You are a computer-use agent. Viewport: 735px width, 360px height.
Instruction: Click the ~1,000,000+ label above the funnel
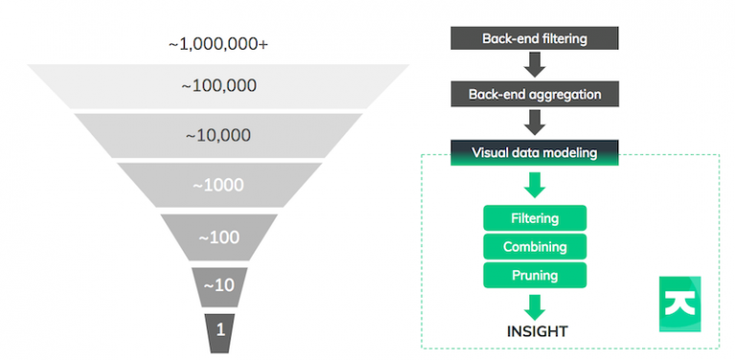(x=218, y=45)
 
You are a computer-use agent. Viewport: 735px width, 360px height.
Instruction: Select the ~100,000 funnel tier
(x=218, y=86)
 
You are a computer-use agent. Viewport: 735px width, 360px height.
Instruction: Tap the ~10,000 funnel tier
(x=218, y=135)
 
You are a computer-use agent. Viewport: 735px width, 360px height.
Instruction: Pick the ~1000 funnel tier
(x=218, y=185)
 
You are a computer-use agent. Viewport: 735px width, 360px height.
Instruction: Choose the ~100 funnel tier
(x=218, y=236)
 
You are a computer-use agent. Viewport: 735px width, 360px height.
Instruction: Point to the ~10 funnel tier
(x=219, y=285)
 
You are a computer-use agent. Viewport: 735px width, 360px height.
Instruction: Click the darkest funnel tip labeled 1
(x=219, y=329)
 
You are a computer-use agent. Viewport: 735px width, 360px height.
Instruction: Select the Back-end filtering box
(x=534, y=37)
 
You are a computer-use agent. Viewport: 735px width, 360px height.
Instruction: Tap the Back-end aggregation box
(x=534, y=94)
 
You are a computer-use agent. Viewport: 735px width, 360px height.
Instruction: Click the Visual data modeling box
(x=534, y=152)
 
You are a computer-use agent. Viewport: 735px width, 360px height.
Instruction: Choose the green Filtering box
(x=534, y=218)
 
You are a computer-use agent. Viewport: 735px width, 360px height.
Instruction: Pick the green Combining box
(x=534, y=247)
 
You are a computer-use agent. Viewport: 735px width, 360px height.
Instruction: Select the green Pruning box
(x=534, y=276)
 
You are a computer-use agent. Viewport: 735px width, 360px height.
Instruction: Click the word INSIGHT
(x=535, y=331)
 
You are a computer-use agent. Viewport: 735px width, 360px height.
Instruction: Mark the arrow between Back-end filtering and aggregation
(x=534, y=65)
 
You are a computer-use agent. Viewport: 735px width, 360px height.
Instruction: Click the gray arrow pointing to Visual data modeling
(x=534, y=123)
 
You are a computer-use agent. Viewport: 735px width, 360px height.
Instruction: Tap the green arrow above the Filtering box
(x=534, y=185)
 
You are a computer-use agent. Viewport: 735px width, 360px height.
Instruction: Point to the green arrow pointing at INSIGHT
(x=534, y=304)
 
